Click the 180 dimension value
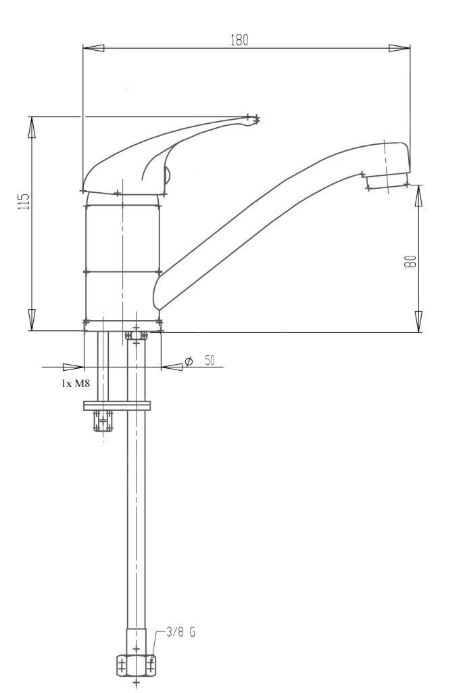click(x=239, y=40)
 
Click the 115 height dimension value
click(x=24, y=201)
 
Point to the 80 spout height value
click(x=410, y=261)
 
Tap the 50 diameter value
click(x=210, y=361)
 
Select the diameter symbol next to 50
click(x=189, y=362)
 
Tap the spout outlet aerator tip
click(x=387, y=181)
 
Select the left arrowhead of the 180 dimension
click(x=93, y=48)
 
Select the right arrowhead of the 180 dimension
click(x=399, y=48)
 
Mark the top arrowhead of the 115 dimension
click(x=31, y=127)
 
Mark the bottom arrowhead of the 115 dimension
click(x=31, y=319)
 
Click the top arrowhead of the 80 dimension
click(x=418, y=196)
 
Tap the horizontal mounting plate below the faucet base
click(x=116, y=405)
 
